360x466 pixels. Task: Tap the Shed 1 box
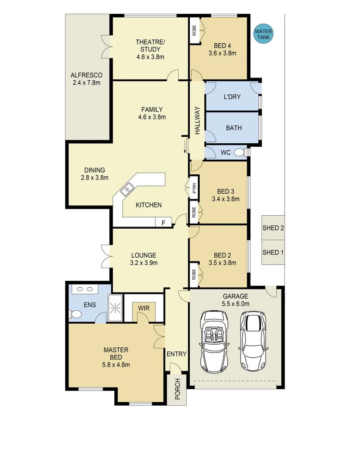pyautogui.click(x=273, y=252)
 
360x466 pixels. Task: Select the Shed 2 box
pyautogui.click(x=273, y=228)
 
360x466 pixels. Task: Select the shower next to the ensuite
pyautogui.click(x=115, y=308)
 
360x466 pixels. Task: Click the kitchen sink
pyautogui.click(x=128, y=188)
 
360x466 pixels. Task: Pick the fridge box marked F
pyautogui.click(x=163, y=223)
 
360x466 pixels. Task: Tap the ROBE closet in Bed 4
pyautogui.click(x=194, y=30)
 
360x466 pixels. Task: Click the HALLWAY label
pyautogui.click(x=197, y=121)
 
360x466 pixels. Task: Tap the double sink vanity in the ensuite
pyautogui.click(x=85, y=289)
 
